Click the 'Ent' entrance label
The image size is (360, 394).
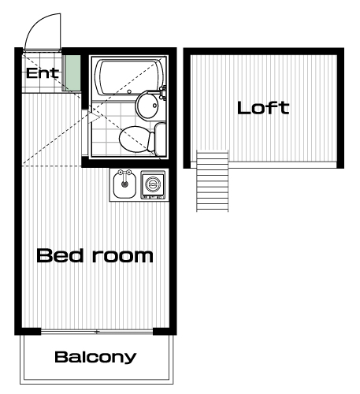pyautogui.click(x=43, y=73)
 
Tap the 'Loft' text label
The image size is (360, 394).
pyautogui.click(x=263, y=108)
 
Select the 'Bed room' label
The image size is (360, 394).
pyautogui.click(x=95, y=255)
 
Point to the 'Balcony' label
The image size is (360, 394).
pyautogui.click(x=95, y=357)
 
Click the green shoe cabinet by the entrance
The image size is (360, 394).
pyautogui.click(x=72, y=72)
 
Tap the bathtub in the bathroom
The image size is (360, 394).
pyautogui.click(x=129, y=77)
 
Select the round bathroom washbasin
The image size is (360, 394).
pyautogui.click(x=147, y=105)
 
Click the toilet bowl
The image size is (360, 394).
pyautogui.click(x=134, y=139)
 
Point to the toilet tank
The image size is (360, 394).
pyautogui.click(x=160, y=139)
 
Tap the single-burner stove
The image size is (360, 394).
pyautogui.click(x=153, y=184)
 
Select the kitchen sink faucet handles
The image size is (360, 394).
pyautogui.click(x=124, y=173)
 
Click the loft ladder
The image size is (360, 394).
pyautogui.click(x=213, y=180)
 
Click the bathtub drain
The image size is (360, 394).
pyautogui.click(x=129, y=91)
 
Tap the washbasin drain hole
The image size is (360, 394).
pyautogui.click(x=154, y=106)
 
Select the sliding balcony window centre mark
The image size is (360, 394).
pyautogui.click(x=97, y=332)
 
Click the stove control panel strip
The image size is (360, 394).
pyautogui.click(x=153, y=197)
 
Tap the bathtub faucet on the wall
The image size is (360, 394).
pyautogui.click(x=163, y=92)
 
